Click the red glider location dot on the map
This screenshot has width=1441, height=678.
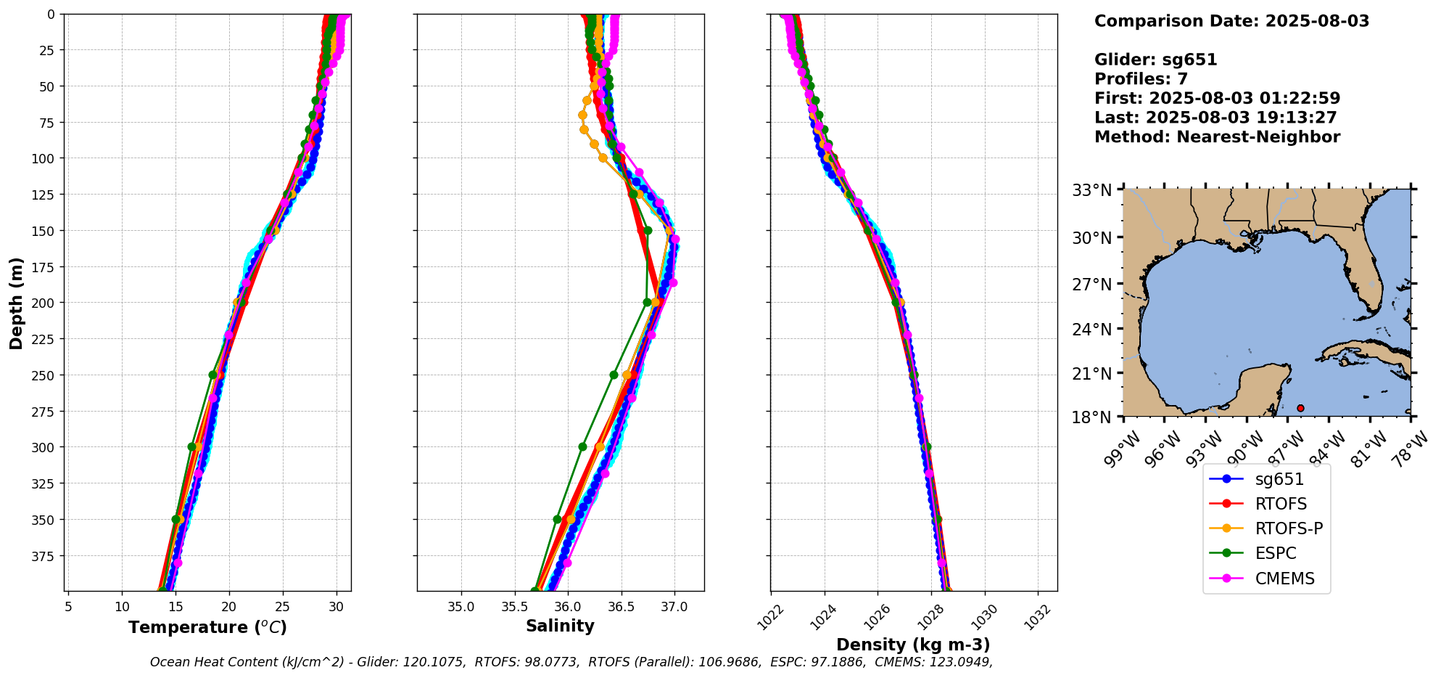pyautogui.click(x=1300, y=409)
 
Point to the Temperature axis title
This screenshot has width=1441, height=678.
pyautogui.click(x=207, y=627)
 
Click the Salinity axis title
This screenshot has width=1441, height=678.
pyautogui.click(x=560, y=626)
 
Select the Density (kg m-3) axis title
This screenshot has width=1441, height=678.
pyautogui.click(x=913, y=645)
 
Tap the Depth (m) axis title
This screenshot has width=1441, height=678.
pyautogui.click(x=16, y=303)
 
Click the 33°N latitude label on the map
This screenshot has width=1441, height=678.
pyautogui.click(x=1092, y=190)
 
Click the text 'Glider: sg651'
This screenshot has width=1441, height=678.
pyautogui.click(x=1155, y=60)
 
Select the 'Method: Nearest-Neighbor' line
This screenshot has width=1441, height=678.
pyautogui.click(x=1217, y=136)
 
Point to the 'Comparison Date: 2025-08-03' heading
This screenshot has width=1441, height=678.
pyautogui.click(x=1231, y=21)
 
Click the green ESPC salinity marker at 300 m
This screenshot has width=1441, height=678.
pyautogui.click(x=582, y=447)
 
